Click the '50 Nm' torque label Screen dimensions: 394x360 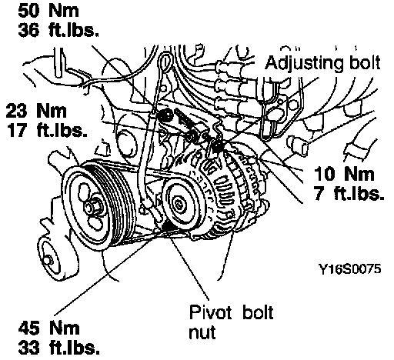pos(48,11)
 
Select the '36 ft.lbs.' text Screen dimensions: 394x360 pos(58,30)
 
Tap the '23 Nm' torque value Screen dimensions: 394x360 pos(36,111)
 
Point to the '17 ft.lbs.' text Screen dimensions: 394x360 pos(47,130)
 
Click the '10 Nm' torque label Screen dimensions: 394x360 pos(344,173)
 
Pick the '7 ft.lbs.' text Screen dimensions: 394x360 pos(349,193)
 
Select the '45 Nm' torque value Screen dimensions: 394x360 pos(48,328)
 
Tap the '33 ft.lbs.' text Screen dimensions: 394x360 pos(59,348)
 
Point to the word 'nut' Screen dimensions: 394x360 pos(202,333)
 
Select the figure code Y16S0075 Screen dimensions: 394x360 pos(349,269)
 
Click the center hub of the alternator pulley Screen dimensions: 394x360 pos(178,205)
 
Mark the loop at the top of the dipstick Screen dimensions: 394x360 pos(165,63)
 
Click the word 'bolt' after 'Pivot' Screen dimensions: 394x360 pos(258,312)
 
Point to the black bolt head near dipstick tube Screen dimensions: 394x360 pos(165,115)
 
